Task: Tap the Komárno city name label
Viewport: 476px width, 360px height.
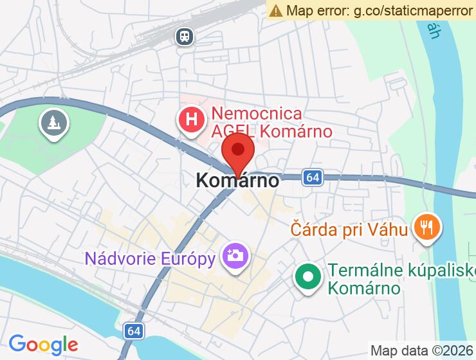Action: (x=237, y=181)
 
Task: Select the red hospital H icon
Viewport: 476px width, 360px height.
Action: (x=191, y=120)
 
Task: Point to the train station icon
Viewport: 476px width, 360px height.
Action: (x=185, y=37)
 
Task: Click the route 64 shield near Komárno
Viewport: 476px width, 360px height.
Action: (x=313, y=177)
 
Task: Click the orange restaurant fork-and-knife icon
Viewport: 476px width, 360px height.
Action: (x=426, y=226)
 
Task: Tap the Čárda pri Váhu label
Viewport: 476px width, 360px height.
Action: (x=349, y=228)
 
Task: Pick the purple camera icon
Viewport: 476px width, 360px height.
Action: (x=235, y=256)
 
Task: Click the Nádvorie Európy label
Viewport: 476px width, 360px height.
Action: (x=150, y=259)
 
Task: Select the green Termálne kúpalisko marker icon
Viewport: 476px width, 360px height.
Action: (x=308, y=277)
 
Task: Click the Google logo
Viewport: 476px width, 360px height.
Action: (x=43, y=344)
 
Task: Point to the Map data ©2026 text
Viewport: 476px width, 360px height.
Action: (x=421, y=350)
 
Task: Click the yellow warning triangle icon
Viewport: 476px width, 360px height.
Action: (x=276, y=10)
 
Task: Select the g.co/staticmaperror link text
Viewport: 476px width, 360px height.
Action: (x=412, y=10)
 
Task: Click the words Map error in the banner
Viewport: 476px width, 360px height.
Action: (x=316, y=10)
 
